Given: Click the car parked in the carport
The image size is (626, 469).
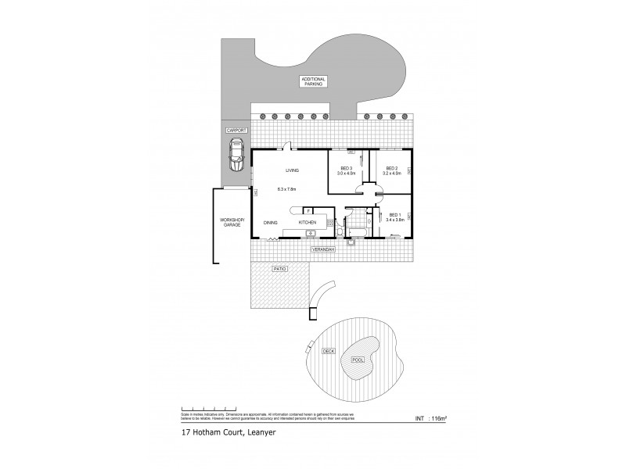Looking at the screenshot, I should (x=236, y=156).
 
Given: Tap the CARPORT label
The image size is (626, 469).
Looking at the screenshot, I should (x=236, y=131).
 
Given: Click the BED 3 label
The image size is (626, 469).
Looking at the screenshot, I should (x=346, y=168).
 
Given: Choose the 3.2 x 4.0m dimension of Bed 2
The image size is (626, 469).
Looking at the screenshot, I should (x=393, y=174).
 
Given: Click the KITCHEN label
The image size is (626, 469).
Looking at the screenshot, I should (x=308, y=223).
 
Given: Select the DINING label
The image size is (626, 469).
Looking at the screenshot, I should (x=270, y=223).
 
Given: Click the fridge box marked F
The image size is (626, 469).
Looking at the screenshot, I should (x=308, y=211).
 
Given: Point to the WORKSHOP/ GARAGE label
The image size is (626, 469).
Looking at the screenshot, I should (x=232, y=224).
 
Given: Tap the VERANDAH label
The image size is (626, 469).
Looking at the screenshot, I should (x=323, y=249).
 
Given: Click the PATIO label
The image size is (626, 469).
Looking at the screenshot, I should (x=279, y=268).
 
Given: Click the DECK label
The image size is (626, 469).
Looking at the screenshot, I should (x=328, y=352).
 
